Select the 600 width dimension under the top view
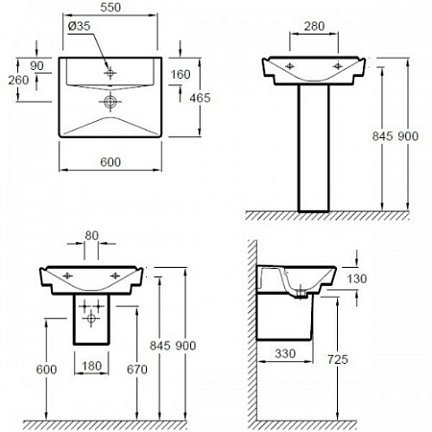(111, 162)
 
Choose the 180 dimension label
(92, 366)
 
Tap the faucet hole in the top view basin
(111, 72)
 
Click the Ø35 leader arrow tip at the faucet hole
(108, 68)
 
